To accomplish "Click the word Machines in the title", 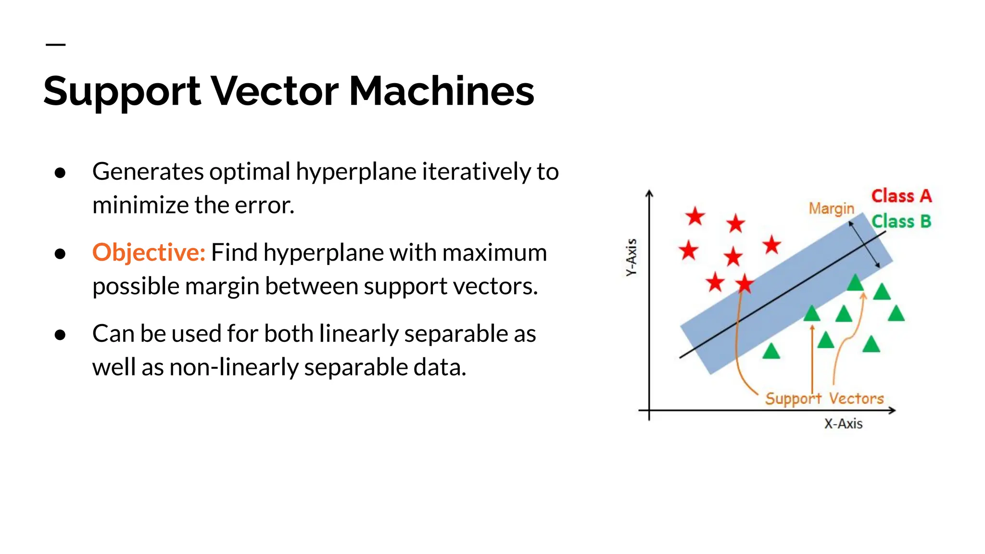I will tap(441, 91).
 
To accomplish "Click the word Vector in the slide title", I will tap(275, 91).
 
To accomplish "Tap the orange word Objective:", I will tap(149, 252).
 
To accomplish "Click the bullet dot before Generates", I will tap(60, 173).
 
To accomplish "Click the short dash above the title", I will tap(55, 44).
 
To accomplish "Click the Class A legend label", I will tap(901, 196).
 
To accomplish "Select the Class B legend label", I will tap(901, 222).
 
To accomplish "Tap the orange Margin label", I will tap(831, 208).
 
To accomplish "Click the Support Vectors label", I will tap(824, 399).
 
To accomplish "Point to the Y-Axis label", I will tap(631, 257).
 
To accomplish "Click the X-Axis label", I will tap(843, 424).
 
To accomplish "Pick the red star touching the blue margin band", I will tap(745, 284).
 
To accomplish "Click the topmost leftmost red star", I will tap(695, 216).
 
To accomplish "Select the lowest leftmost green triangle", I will tap(771, 351).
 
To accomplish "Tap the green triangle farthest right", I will tap(896, 314).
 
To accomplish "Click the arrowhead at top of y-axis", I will tap(649, 193).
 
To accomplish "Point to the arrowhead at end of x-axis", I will tap(892, 410).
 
